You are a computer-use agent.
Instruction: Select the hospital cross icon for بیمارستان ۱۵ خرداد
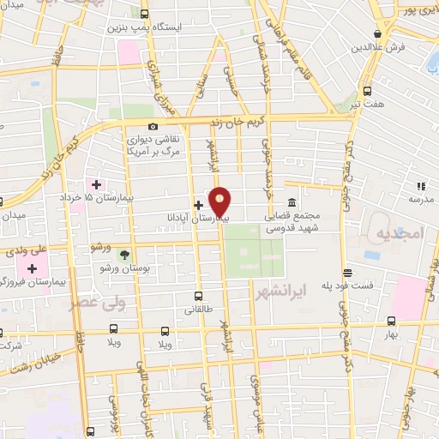97,183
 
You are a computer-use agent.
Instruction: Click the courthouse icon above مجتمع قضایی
292,203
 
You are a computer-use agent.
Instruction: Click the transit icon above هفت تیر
368,91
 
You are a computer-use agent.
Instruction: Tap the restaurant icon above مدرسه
420,185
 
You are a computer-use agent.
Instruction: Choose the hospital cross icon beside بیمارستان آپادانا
199,205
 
